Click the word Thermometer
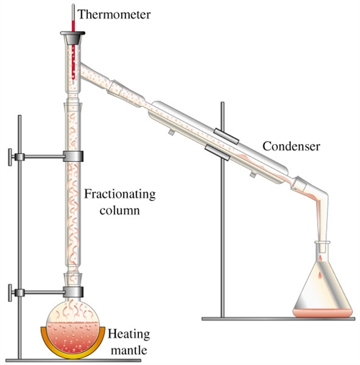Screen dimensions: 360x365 (114, 14)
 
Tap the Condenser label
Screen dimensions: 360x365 (291, 146)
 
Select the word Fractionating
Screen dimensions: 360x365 (120, 195)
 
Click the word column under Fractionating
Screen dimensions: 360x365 (120, 210)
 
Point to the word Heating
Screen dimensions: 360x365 (129, 335)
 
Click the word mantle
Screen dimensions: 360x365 (129, 350)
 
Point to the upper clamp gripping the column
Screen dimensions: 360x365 (73, 156)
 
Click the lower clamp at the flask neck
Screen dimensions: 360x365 (73, 292)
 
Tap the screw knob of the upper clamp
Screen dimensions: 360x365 (10, 157)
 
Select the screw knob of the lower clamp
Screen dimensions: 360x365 (10, 293)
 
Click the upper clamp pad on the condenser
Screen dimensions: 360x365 (227, 136)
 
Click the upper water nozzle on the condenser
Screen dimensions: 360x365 (171, 132)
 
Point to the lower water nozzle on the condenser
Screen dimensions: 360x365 (253, 174)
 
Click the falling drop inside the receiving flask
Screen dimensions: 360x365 (320, 276)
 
